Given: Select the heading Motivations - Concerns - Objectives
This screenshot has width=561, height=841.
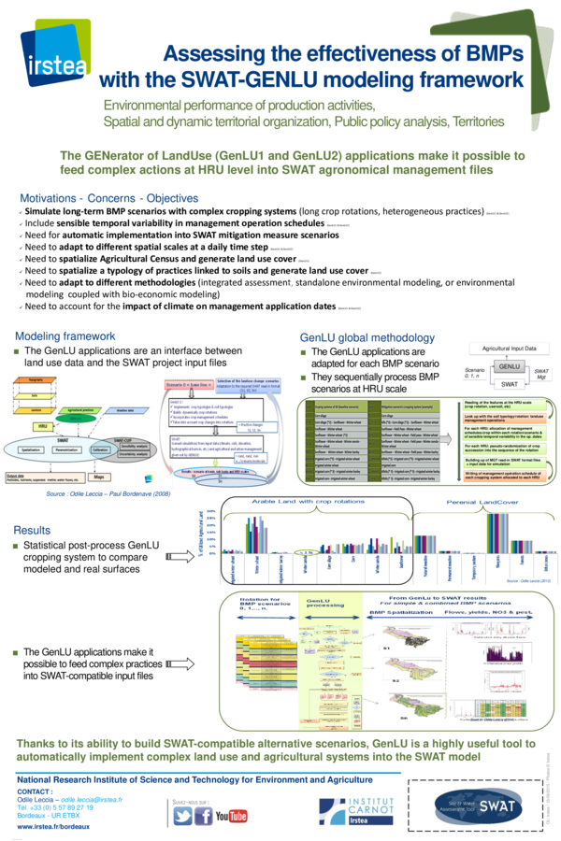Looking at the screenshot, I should coord(109,198).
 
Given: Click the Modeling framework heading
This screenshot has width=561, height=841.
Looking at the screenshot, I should coord(65,336).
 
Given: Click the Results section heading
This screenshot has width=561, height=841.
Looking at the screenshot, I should coord(33,530).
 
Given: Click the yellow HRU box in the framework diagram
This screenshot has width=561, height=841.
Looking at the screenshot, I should coord(42,425).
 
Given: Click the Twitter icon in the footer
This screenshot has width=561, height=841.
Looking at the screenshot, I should coord(182,816).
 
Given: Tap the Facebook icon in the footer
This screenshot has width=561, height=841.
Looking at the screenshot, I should coord(203,816).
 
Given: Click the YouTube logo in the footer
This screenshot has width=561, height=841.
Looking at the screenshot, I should coord(231,816).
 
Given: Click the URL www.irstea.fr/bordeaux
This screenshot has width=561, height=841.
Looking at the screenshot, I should coord(54,828).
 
